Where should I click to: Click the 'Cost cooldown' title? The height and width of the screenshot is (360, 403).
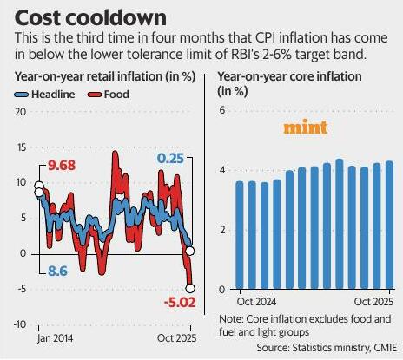point(90,18)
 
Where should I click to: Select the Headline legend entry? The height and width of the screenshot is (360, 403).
point(45,95)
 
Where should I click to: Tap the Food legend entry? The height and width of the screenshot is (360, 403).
point(109,95)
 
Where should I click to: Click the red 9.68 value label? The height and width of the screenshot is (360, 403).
point(62,166)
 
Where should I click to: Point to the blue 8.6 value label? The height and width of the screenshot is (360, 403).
point(57,271)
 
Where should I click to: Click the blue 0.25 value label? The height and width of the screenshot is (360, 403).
point(170,159)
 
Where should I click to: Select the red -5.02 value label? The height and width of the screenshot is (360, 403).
point(180,303)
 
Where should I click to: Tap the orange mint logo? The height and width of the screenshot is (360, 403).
point(305,127)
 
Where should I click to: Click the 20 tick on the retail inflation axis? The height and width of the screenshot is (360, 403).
point(21,112)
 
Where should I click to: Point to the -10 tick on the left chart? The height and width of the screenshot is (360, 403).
point(20,324)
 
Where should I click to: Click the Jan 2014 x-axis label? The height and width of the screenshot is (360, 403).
point(55,338)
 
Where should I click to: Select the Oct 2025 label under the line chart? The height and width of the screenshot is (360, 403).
point(176,338)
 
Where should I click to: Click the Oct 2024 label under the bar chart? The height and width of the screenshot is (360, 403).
point(256,302)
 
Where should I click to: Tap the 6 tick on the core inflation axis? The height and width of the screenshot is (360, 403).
point(222,110)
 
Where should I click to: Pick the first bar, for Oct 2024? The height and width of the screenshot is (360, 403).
point(240,235)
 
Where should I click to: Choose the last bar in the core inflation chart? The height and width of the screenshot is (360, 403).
point(390,225)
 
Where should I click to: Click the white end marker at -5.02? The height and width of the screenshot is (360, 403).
point(190,288)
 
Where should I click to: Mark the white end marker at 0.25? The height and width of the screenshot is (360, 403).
point(190,251)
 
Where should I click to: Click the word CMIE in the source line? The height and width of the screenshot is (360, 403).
point(386,347)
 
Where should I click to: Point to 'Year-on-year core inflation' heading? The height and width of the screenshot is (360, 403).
point(289,77)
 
